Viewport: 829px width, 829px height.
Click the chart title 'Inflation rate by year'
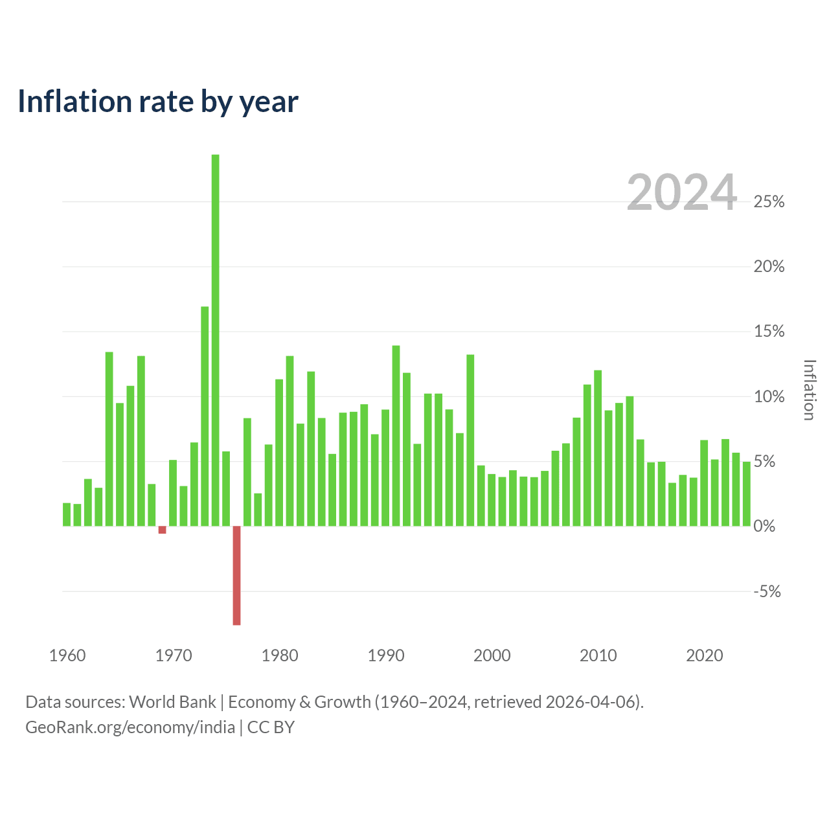click(x=158, y=102)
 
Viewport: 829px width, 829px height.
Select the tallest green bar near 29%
click(x=215, y=340)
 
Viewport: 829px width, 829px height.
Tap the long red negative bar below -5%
click(x=236, y=575)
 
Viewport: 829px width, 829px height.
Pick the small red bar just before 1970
click(x=162, y=530)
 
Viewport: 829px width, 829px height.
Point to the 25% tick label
click(x=768, y=202)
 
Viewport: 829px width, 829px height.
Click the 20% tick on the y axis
click(x=768, y=267)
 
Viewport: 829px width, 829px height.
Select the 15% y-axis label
click(x=768, y=332)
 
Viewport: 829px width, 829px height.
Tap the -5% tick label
click(x=767, y=591)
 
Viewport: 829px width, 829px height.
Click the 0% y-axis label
click(x=764, y=526)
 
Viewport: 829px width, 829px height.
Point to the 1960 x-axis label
click(x=67, y=655)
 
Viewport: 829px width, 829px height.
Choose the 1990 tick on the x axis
click(x=386, y=655)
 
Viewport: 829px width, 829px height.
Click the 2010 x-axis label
click(x=598, y=655)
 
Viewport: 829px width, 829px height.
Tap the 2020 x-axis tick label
click(x=704, y=655)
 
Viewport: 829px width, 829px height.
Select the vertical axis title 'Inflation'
click(x=809, y=390)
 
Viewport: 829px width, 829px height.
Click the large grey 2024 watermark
click(x=682, y=192)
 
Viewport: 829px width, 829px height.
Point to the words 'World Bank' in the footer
click(x=172, y=702)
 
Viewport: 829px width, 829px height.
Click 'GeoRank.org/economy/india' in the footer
click(x=130, y=727)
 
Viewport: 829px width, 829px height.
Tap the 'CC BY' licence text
click(x=271, y=727)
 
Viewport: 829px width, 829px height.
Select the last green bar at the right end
click(x=746, y=494)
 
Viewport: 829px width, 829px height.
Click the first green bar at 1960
click(x=66, y=514)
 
